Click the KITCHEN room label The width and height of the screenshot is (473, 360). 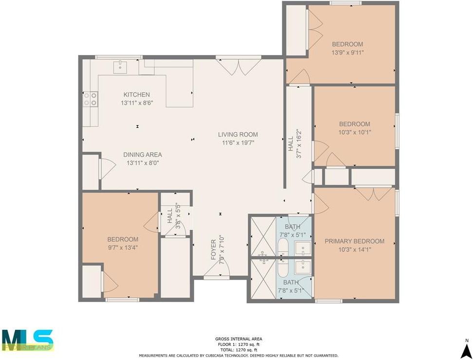136,94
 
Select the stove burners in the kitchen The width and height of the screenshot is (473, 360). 90,99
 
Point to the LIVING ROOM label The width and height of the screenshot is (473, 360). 237,134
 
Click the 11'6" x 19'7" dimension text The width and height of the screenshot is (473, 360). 237,143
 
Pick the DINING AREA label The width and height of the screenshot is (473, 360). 143,155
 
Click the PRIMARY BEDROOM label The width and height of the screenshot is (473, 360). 354,241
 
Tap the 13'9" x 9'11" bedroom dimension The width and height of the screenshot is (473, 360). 347,53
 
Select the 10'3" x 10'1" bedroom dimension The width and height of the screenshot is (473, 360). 354,132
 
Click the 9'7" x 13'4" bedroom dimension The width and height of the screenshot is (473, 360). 123,248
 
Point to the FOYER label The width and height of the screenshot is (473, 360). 213,250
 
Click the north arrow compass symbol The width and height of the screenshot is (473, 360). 466,349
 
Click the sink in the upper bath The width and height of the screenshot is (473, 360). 303,249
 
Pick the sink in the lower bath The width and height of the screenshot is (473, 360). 303,267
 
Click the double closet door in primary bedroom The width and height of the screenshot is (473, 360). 374,193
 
